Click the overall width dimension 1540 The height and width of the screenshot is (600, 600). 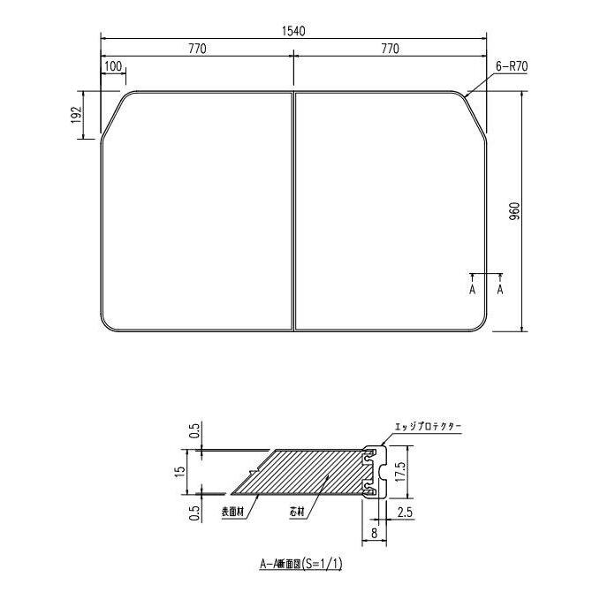pyautogui.click(x=293, y=31)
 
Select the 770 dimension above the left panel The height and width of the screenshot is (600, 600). pyautogui.click(x=196, y=49)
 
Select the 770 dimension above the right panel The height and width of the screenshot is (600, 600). pyautogui.click(x=390, y=49)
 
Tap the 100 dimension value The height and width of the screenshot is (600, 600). pyautogui.click(x=113, y=66)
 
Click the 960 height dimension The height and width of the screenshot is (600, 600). pyautogui.click(x=516, y=211)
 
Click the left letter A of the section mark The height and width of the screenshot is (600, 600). pyautogui.click(x=473, y=288)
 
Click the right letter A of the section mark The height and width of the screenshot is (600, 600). pyautogui.click(x=501, y=288)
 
